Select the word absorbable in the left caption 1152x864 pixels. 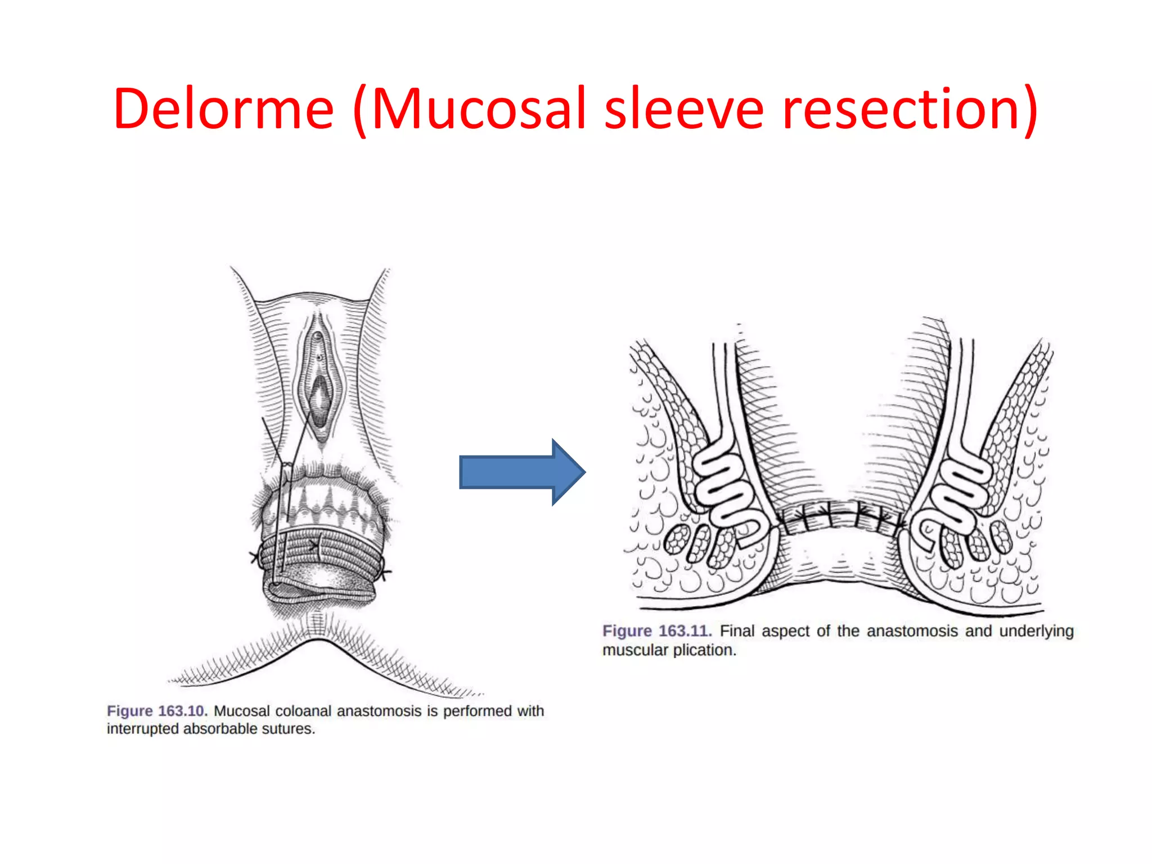218,729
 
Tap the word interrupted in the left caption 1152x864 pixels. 142,729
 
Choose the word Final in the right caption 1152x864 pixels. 737,631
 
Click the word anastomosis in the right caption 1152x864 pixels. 912,631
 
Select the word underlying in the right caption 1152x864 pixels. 1036,632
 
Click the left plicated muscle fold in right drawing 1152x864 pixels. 726,484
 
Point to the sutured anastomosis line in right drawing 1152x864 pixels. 838,515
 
